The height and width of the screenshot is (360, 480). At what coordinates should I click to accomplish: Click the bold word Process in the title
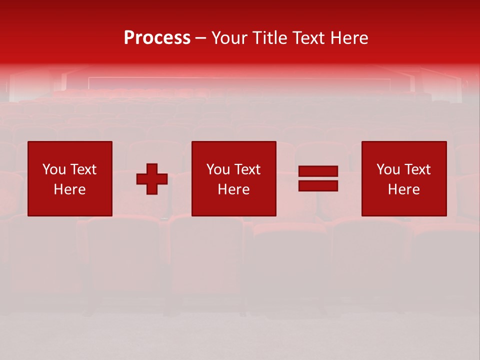point(157,38)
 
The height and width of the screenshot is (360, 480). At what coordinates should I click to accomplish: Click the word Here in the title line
point(349,38)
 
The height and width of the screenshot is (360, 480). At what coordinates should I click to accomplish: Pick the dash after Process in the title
point(201,38)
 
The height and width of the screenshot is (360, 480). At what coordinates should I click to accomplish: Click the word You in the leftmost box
point(54,169)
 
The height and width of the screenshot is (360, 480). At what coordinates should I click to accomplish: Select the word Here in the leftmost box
point(69,189)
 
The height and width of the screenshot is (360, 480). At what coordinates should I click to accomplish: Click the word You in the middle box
point(218,169)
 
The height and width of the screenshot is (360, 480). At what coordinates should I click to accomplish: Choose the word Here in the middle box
point(233,189)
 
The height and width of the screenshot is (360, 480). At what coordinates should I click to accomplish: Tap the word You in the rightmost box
point(388,169)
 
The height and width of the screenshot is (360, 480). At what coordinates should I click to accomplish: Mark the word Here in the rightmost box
point(403,189)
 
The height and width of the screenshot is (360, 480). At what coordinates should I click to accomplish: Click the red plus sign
point(152,179)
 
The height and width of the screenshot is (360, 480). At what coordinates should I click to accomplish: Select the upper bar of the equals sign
point(318,171)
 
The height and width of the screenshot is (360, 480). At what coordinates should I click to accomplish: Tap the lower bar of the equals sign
point(318,185)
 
